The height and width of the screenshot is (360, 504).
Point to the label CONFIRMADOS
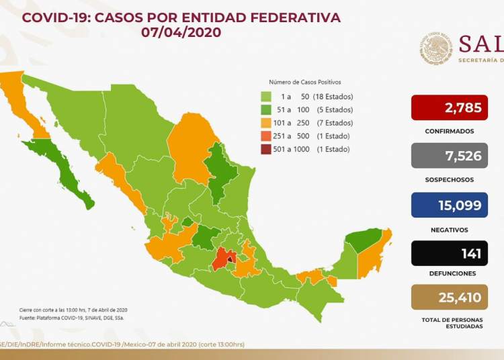(450, 132)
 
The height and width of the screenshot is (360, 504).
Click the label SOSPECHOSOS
(450, 180)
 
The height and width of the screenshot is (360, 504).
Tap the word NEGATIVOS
(450, 229)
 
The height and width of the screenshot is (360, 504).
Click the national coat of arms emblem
(436, 49)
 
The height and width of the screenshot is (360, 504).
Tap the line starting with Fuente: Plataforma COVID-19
(71, 317)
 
